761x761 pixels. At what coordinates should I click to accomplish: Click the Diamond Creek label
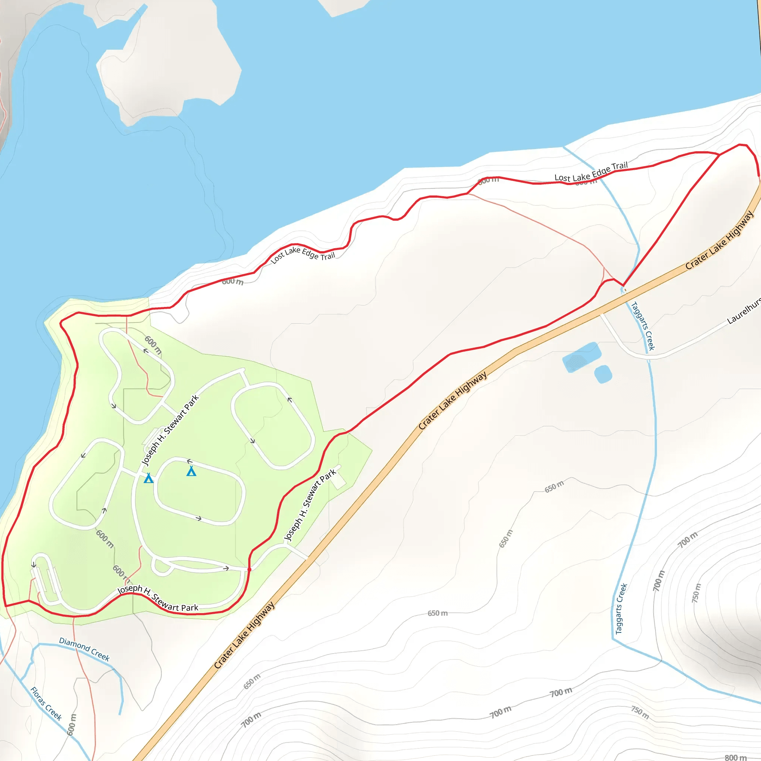[x=84, y=649]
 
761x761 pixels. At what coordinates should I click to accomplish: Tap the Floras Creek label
[x=46, y=703]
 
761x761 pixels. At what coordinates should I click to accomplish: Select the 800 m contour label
[x=735, y=757]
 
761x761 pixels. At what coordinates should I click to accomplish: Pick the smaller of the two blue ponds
[x=603, y=374]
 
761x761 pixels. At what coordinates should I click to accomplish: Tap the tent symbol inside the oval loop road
[x=191, y=471]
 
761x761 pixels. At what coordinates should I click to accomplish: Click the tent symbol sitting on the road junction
[x=149, y=478]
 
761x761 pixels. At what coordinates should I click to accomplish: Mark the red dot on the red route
[x=249, y=570]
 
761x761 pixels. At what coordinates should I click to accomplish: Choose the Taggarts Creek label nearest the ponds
[x=643, y=326]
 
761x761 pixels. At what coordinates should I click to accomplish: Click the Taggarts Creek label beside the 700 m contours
[x=621, y=609]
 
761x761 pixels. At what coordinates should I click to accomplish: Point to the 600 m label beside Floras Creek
[x=72, y=724]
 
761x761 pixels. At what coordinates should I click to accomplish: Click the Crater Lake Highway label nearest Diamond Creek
[x=244, y=635]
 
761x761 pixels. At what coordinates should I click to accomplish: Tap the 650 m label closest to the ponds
[x=554, y=486]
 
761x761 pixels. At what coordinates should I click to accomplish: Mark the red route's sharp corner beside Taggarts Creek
[x=623, y=285]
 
